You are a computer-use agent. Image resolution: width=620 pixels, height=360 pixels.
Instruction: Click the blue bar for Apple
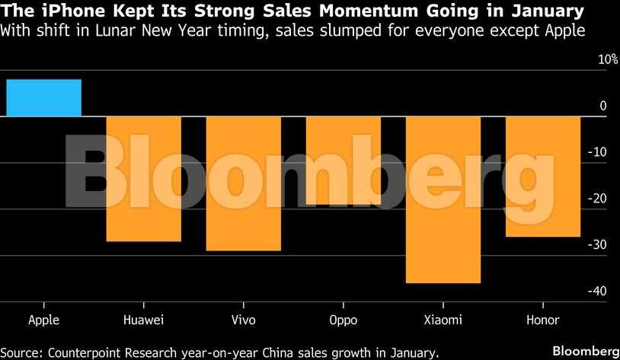point(43,98)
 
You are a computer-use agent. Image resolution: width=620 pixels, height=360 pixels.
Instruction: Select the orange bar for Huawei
point(143,179)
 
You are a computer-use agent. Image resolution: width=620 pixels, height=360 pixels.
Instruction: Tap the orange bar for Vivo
point(243,183)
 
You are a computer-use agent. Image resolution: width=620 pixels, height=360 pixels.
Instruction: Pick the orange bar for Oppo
point(343,161)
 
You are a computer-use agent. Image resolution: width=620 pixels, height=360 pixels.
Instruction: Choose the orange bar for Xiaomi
point(443,199)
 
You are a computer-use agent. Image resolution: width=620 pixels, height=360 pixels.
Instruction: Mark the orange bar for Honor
point(542,177)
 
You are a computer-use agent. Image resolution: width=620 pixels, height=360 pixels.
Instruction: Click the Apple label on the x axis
point(43,320)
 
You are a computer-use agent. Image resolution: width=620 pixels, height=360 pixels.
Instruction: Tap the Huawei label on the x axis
point(143,320)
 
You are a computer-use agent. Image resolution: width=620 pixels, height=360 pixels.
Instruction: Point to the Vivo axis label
point(243,320)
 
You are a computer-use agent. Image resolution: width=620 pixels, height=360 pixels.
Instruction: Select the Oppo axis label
point(343,320)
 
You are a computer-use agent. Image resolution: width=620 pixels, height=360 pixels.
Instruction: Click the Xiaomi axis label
point(443,320)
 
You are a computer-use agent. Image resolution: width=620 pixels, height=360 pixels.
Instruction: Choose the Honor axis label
point(542,320)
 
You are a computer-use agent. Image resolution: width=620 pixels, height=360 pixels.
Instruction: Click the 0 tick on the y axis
point(603,106)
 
